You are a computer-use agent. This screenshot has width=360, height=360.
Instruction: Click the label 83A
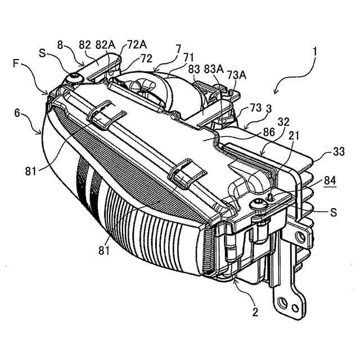tap(214, 68)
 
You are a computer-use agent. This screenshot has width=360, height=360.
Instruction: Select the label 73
tap(255, 107)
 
